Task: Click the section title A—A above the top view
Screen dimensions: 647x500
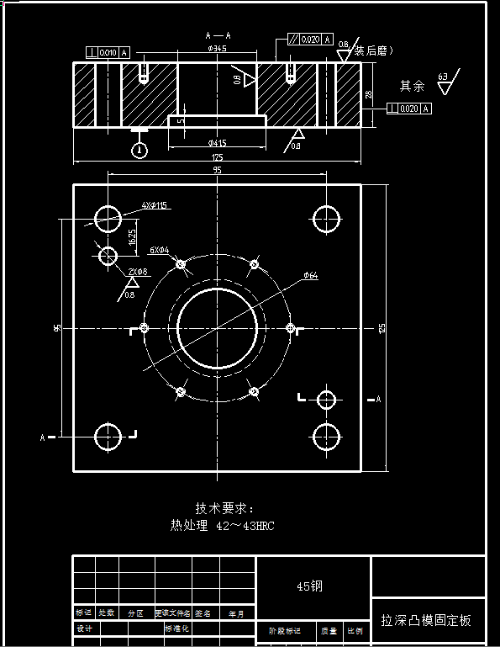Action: coord(218,36)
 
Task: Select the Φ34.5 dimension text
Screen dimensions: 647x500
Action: coord(218,49)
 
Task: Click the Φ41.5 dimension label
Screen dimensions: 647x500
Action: coord(217,143)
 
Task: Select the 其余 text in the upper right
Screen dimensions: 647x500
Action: coord(412,86)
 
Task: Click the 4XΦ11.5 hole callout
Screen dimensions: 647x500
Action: coord(155,205)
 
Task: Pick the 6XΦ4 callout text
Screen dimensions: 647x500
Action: coord(159,250)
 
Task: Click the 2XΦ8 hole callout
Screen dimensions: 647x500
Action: coord(138,272)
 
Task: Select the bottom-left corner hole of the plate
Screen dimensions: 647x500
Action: coord(108,438)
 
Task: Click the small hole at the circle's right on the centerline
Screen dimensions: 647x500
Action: coord(291,327)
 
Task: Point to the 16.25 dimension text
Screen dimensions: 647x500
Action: coord(132,237)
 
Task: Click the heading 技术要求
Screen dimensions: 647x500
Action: coord(224,508)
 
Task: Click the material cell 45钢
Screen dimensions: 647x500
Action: coord(309,586)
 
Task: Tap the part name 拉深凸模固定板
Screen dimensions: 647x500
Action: coord(426,621)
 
